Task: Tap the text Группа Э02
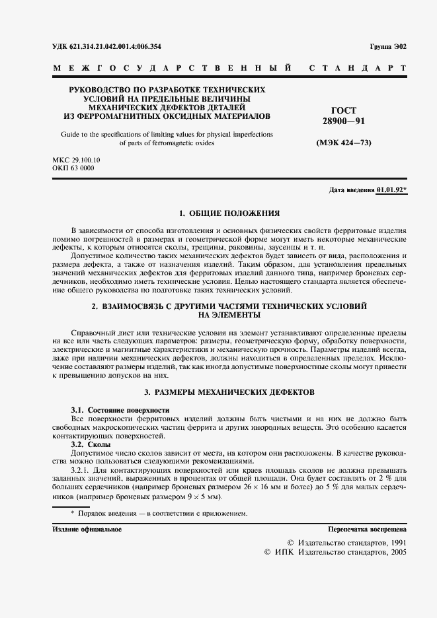coord(389,46)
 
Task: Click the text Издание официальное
coord(87,530)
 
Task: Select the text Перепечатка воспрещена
coord(368,530)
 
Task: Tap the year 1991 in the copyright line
coord(396,541)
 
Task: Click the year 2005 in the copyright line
coord(396,551)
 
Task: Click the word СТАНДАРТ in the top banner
coord(358,68)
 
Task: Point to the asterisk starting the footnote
coord(73,513)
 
